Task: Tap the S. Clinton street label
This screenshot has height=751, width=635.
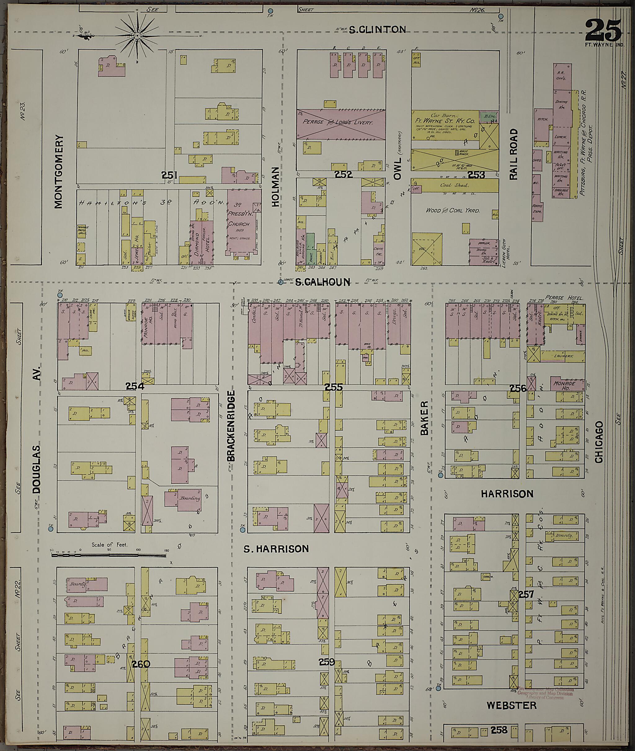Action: [x=378, y=29]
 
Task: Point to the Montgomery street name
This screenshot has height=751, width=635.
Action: [x=58, y=172]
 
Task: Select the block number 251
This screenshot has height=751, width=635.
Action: [x=169, y=175]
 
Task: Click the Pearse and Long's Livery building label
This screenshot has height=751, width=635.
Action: [x=337, y=122]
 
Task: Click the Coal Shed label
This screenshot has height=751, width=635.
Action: [x=454, y=185]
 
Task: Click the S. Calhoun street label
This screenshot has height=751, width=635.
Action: [x=322, y=282]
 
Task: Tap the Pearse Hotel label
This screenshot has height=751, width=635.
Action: [x=564, y=298]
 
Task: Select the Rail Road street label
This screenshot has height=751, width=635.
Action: [x=513, y=154]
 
